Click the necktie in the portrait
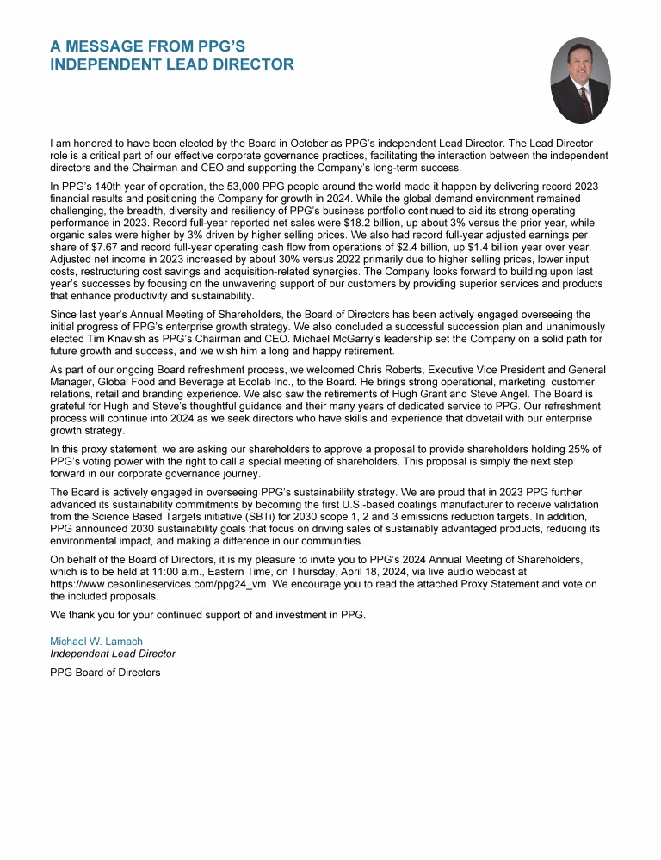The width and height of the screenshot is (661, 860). [x=584, y=102]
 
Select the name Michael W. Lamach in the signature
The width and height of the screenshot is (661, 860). [x=96, y=642]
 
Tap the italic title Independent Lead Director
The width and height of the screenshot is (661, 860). [x=113, y=654]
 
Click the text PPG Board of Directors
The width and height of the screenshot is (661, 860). [x=105, y=673]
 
